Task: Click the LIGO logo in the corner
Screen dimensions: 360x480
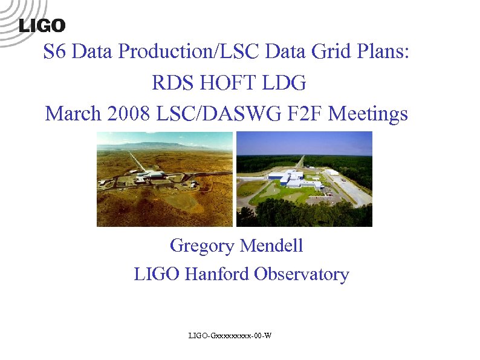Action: pyautogui.click(x=42, y=25)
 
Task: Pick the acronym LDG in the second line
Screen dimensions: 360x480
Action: pyautogui.click(x=287, y=83)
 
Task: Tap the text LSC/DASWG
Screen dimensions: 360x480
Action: pyautogui.click(x=214, y=113)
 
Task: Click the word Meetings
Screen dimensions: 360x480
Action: pyautogui.click(x=370, y=113)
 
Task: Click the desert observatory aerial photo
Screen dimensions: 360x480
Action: pyautogui.click(x=164, y=179)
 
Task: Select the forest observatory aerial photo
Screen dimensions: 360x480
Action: pyautogui.click(x=304, y=179)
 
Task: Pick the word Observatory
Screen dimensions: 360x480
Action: pyautogui.click(x=301, y=275)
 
